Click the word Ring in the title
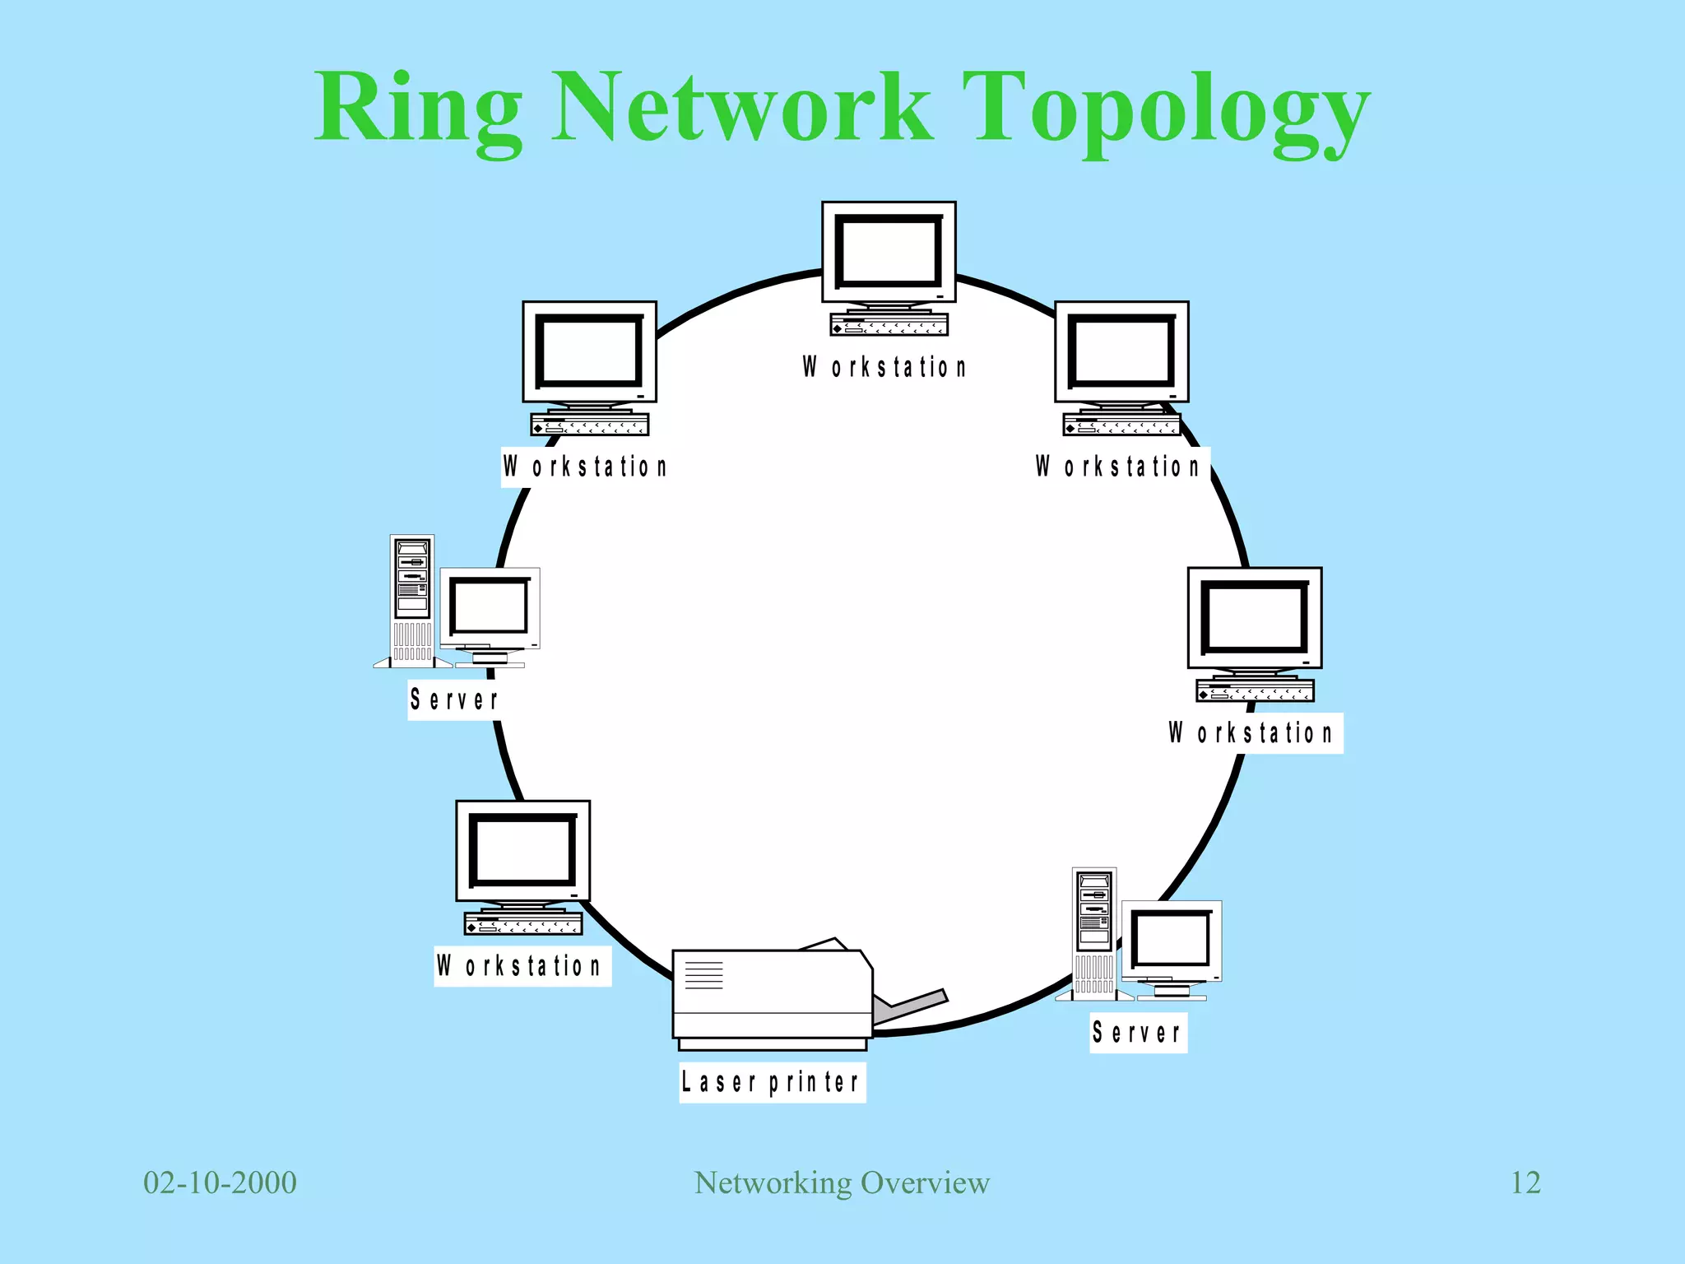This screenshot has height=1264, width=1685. [418, 109]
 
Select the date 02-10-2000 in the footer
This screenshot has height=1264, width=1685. [220, 1183]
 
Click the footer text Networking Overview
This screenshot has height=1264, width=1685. [842, 1183]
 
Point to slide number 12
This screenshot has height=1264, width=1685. [1525, 1183]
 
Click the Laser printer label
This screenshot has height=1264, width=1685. [772, 1081]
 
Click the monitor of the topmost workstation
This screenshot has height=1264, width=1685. [889, 252]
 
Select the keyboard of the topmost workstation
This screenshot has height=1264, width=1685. [889, 324]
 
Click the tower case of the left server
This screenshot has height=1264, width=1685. [412, 601]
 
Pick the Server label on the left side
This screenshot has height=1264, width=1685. [454, 699]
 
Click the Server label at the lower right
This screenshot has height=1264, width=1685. [1138, 1032]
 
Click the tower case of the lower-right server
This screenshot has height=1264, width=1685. [1094, 933]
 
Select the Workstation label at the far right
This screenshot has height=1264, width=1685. [1251, 732]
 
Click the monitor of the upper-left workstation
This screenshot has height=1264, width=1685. [589, 351]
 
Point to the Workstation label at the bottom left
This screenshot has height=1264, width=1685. [521, 965]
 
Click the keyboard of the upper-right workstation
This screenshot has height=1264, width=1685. [1121, 425]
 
